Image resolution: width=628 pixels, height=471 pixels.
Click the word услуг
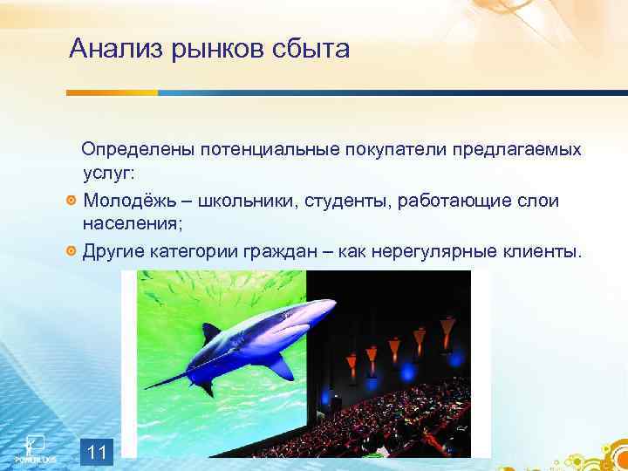tap(108, 174)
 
